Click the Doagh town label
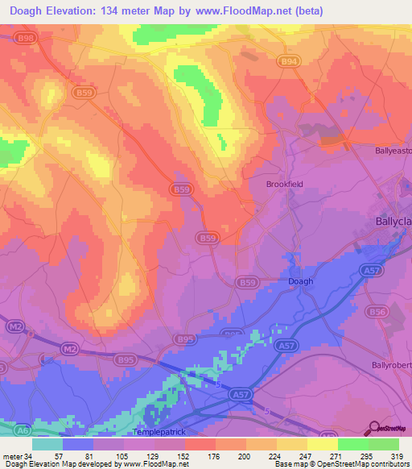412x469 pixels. [300, 281]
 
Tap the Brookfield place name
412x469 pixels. [283, 184]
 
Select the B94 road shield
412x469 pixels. [290, 60]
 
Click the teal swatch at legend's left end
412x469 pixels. [47, 444]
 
